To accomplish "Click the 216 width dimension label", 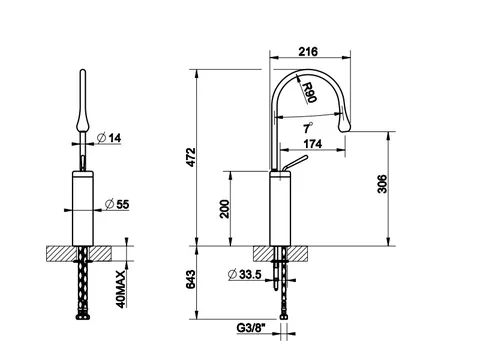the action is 308,52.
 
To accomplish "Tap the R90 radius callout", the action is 309,92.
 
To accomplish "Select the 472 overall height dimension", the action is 191,157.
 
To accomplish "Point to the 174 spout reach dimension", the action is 313,144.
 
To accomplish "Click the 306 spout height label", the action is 382,184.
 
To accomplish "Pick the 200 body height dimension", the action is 225,209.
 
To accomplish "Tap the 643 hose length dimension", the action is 190,279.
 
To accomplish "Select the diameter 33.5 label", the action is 244,274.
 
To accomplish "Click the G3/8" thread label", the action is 251,328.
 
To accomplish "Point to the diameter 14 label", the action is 109,138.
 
